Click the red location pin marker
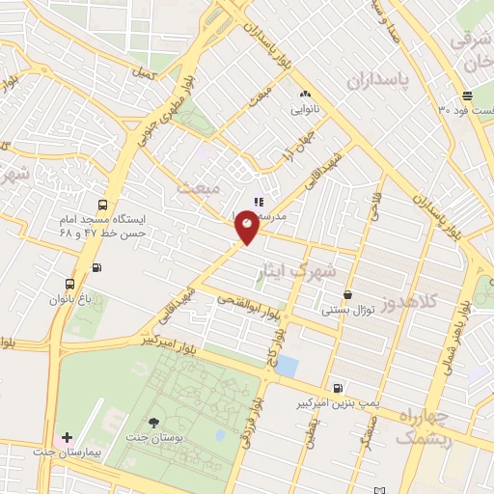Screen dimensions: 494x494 pyautogui.click(x=247, y=228)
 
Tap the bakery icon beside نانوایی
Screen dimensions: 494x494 pyautogui.click(x=305, y=95)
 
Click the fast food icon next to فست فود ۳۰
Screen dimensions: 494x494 pyautogui.click(x=467, y=96)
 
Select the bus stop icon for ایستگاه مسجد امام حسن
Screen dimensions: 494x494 pyautogui.click(x=102, y=205)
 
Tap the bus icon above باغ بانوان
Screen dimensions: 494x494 pyautogui.click(x=69, y=285)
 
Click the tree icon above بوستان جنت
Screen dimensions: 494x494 pyautogui.click(x=154, y=423)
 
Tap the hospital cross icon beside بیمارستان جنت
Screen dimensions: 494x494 pyautogui.click(x=67, y=438)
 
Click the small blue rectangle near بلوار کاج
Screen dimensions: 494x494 pyautogui.click(x=287, y=368)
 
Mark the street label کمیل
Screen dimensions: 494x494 pyautogui.click(x=144, y=73)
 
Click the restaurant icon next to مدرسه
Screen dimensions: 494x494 pyautogui.click(x=258, y=202)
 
